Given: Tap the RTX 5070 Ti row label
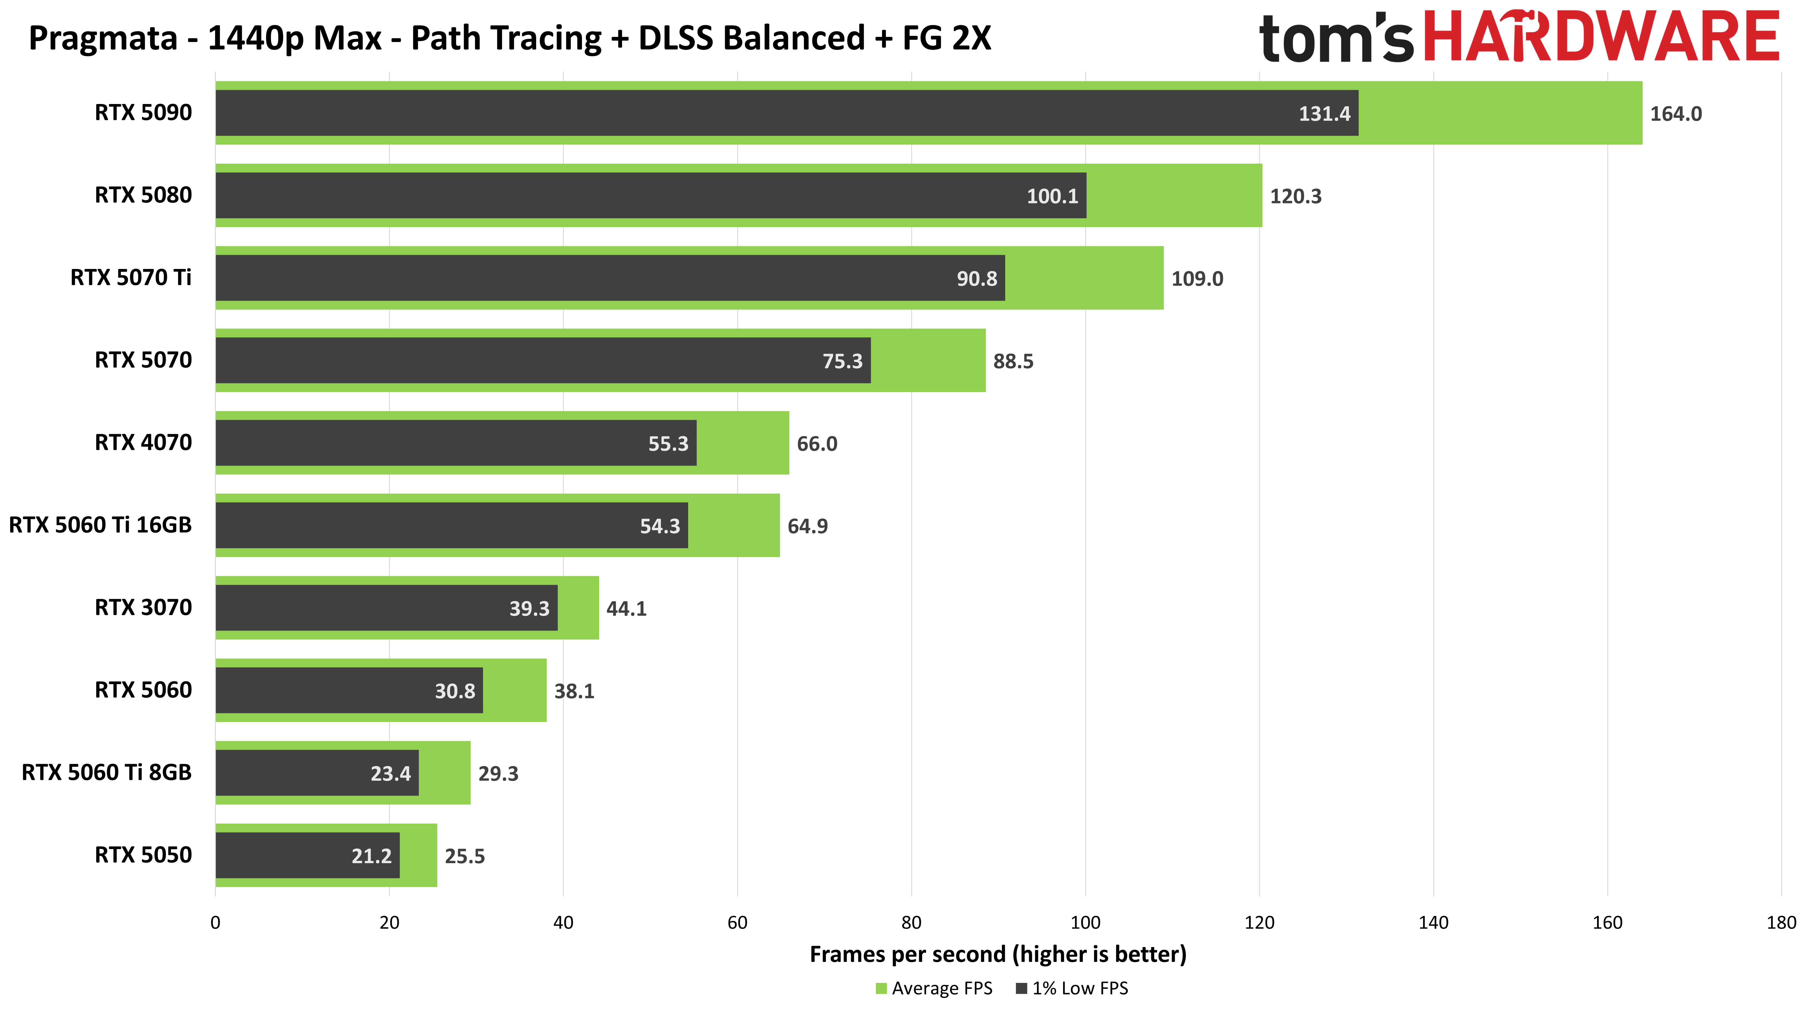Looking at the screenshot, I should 131,278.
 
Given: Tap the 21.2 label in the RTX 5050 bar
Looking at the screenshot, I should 371,856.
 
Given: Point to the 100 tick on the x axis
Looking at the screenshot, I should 1085,923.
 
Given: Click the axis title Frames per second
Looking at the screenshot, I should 998,954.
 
